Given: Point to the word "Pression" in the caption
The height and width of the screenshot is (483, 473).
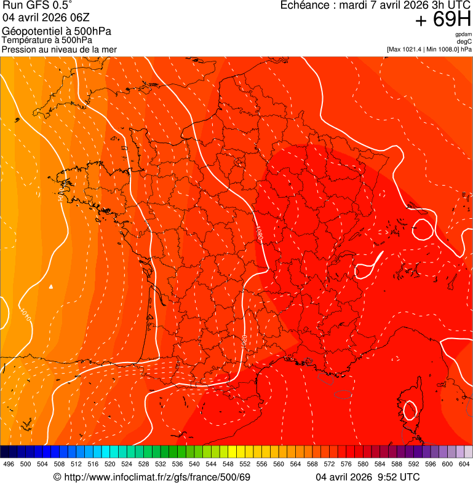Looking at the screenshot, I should click(x=18, y=49).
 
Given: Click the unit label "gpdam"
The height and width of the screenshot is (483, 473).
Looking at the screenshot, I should click(x=463, y=34).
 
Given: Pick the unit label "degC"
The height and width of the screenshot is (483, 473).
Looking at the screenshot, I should click(x=464, y=41).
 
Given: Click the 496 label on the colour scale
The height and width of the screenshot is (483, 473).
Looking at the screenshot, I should click(x=9, y=464).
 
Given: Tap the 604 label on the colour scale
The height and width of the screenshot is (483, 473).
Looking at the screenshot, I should click(x=464, y=464).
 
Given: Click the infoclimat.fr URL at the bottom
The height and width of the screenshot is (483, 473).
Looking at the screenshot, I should click(x=157, y=477).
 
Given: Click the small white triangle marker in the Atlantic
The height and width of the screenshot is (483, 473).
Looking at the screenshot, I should click(x=52, y=286).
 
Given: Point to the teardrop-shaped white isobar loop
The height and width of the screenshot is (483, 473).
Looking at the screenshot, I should click(x=366, y=268).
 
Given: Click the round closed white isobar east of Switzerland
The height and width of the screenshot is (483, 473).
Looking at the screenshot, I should click(x=423, y=229).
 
